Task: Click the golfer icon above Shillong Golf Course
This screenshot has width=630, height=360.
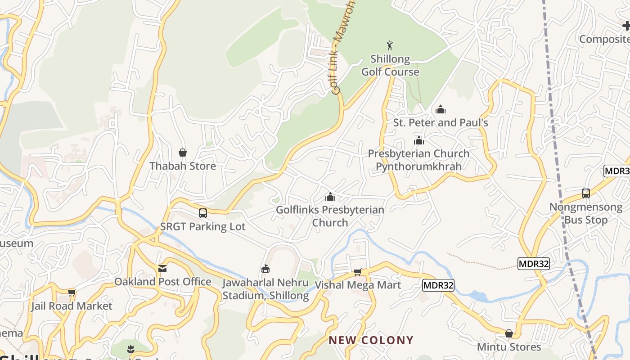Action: pyautogui.click(x=390, y=45)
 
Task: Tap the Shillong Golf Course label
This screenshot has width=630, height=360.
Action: pyautogui.click(x=390, y=66)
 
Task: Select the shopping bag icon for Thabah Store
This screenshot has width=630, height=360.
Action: pyautogui.click(x=183, y=153)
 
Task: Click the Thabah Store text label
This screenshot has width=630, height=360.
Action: pyautogui.click(x=183, y=166)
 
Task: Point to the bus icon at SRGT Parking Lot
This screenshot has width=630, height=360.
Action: pyautogui.click(x=203, y=213)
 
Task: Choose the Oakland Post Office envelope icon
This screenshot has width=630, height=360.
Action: pyautogui.click(x=162, y=269)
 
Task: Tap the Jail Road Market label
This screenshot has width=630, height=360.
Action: pyautogui.click(x=72, y=306)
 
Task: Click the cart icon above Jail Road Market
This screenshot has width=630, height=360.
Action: pyautogui.click(x=72, y=293)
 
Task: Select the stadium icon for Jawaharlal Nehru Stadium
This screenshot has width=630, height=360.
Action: pyautogui.click(x=265, y=269)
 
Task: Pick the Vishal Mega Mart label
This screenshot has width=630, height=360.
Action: pyautogui.click(x=358, y=285)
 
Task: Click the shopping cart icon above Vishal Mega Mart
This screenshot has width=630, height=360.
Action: pyautogui.click(x=358, y=272)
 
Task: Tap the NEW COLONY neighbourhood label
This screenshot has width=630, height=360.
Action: pyautogui.click(x=371, y=340)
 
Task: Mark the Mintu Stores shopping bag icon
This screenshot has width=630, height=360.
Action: pyautogui.click(x=509, y=333)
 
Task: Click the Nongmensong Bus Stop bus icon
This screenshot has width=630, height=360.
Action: pyautogui.click(x=586, y=193)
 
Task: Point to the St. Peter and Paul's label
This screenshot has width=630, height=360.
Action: pyautogui.click(x=441, y=122)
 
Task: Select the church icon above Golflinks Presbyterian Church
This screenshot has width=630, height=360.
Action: pyautogui.click(x=330, y=197)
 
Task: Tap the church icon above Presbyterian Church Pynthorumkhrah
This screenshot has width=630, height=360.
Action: pyautogui.click(x=419, y=140)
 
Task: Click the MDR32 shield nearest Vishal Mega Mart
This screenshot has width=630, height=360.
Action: pyautogui.click(x=438, y=285)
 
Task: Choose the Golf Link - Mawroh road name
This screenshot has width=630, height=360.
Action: pyautogui.click(x=344, y=47)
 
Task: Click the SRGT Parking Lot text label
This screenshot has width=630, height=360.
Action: pyautogui.click(x=203, y=226)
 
